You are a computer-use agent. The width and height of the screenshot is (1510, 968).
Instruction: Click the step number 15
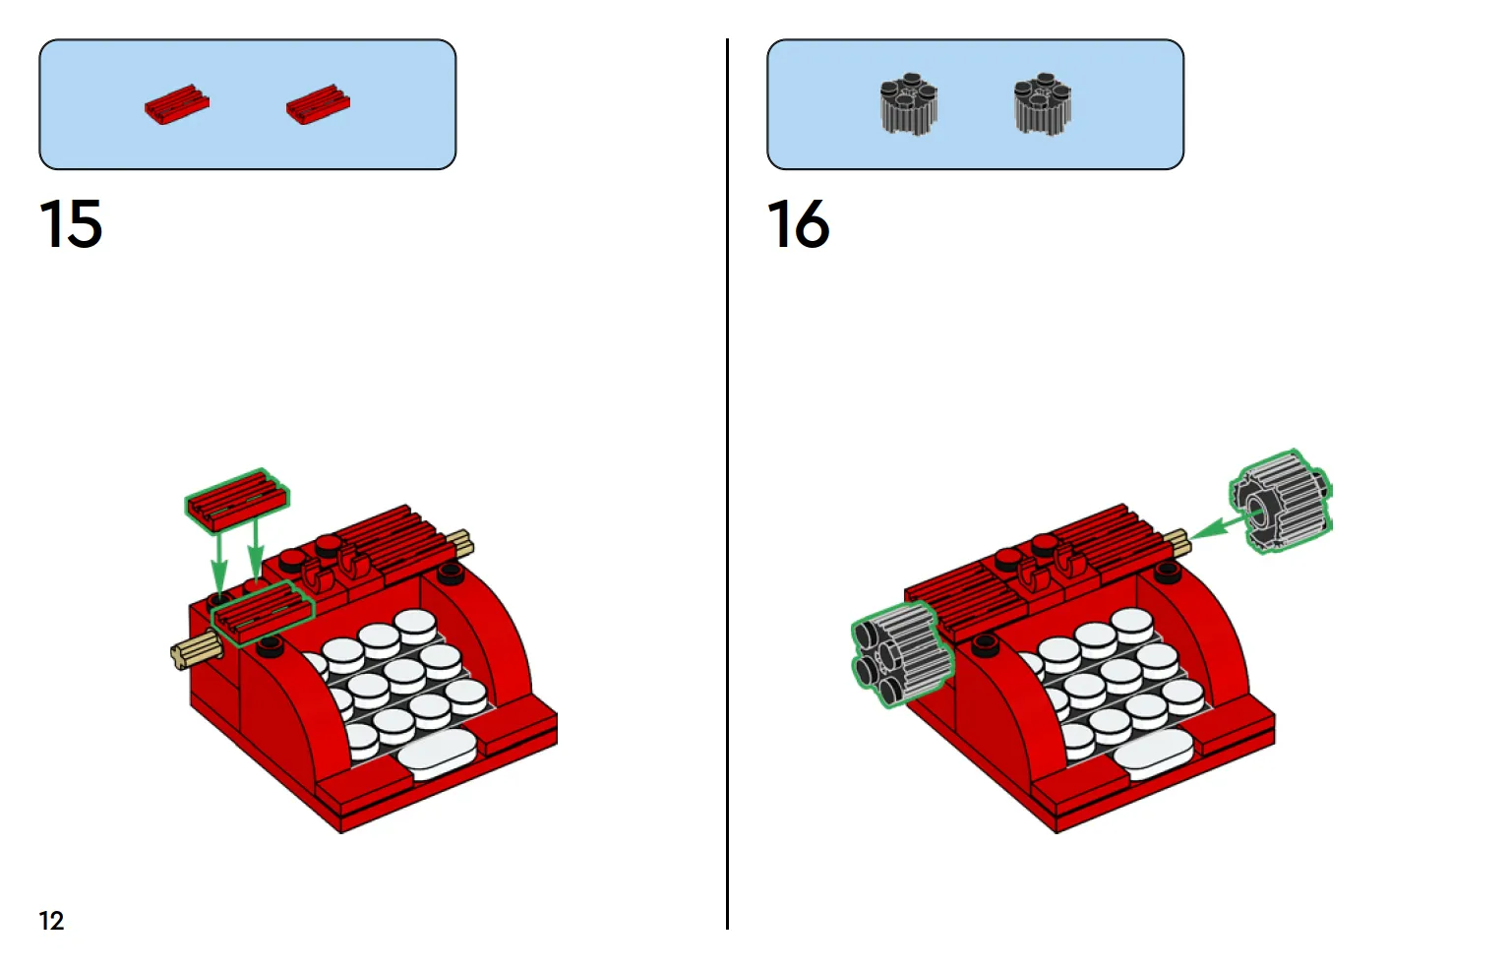71,223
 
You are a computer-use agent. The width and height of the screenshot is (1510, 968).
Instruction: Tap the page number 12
51,921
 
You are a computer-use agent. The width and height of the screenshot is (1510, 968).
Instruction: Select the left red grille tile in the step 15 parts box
177,104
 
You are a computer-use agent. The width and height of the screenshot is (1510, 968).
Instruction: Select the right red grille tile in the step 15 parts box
318,104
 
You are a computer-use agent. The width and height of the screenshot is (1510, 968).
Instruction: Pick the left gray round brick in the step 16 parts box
909,104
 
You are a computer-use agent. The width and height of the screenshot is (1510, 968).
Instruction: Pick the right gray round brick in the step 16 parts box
1042,104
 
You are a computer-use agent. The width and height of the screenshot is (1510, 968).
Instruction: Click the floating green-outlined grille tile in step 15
237,500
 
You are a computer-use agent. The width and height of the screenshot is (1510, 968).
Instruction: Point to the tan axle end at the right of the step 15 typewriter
459,542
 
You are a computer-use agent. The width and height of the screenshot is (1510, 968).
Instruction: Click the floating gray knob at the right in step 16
1280,502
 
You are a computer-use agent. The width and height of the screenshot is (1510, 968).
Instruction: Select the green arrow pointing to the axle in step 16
1227,523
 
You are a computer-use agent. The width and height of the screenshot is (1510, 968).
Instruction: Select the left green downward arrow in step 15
217,565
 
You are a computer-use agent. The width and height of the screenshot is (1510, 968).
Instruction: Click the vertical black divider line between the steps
727,484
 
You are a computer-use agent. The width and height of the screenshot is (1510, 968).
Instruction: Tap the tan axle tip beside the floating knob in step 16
1177,542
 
